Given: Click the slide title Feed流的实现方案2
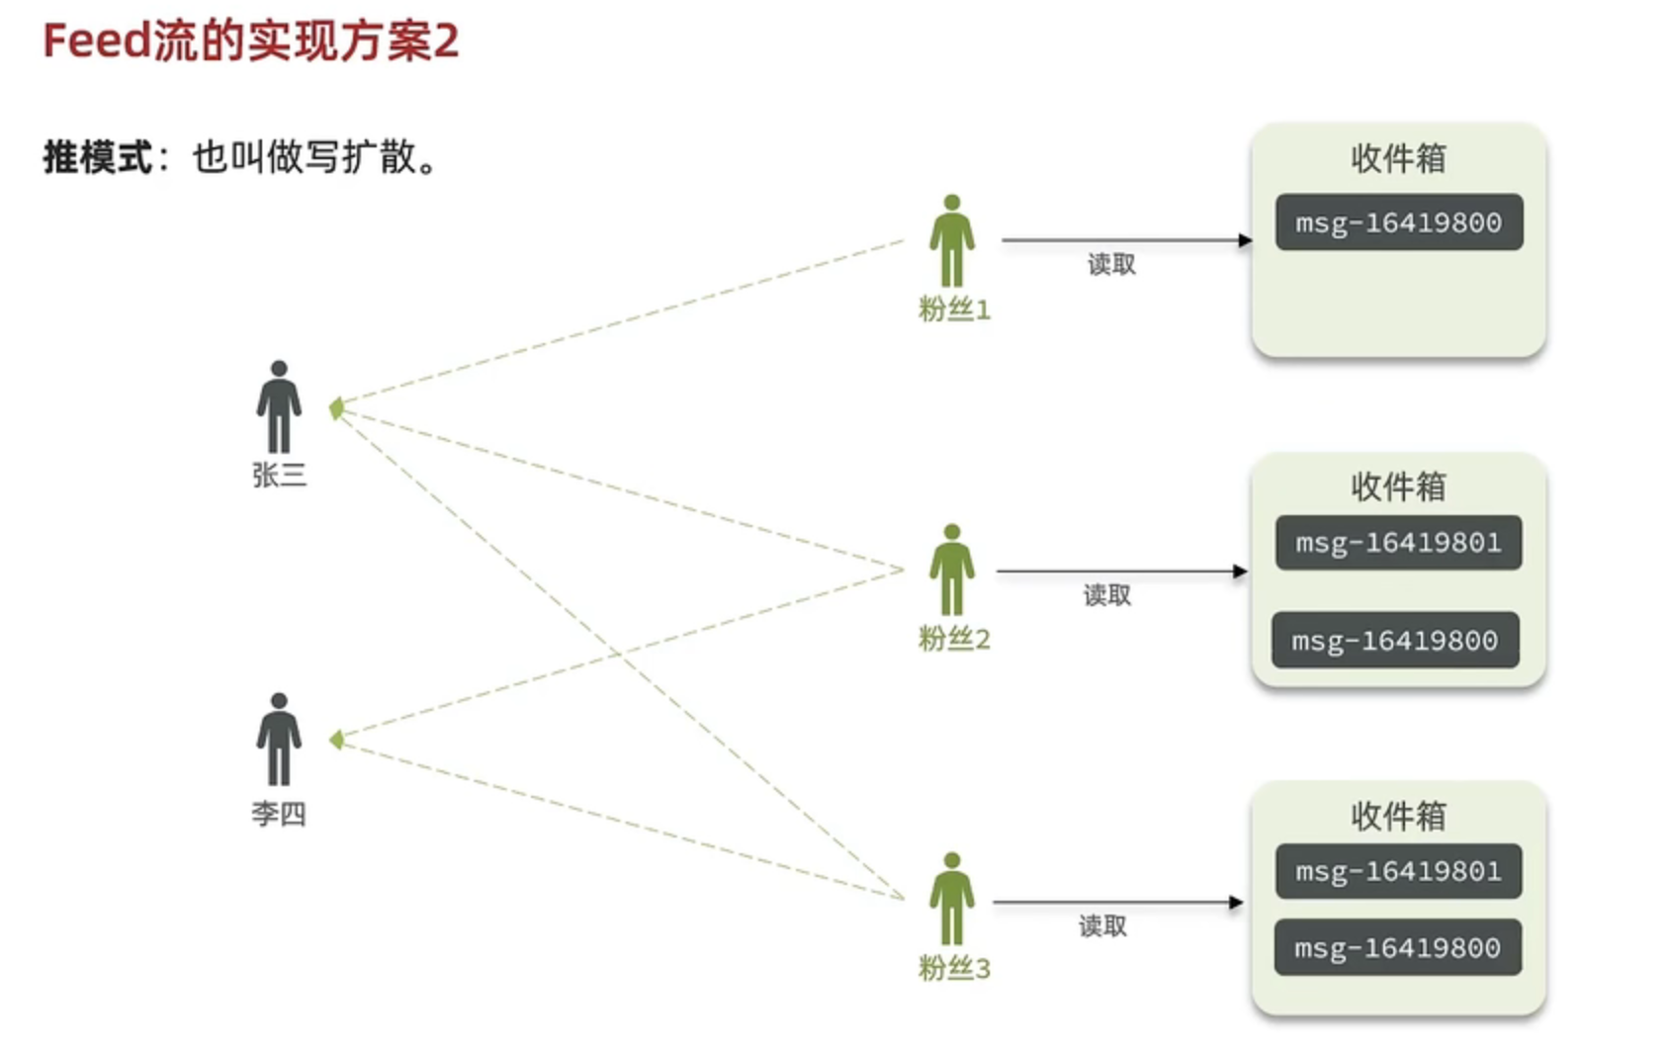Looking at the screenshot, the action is click(250, 41).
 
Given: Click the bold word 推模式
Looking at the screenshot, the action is click(98, 157).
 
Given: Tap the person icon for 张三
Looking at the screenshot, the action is click(279, 407).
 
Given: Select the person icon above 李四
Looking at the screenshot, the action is click(279, 740).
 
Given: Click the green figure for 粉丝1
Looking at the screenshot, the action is click(952, 241).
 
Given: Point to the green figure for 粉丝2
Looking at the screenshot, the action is click(952, 571).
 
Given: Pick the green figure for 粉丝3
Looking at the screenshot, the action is click(952, 899).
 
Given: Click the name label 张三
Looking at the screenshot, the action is click(280, 475).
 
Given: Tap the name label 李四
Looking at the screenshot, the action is click(279, 813).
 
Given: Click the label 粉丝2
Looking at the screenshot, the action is click(954, 639).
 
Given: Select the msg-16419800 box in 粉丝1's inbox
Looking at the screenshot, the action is click(1399, 222).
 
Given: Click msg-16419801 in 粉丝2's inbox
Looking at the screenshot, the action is click(1399, 543).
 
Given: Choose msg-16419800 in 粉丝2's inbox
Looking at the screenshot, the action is click(1396, 640).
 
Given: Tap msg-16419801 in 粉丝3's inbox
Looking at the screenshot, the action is click(1399, 871).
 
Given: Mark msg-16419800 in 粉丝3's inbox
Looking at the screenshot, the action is click(1398, 947).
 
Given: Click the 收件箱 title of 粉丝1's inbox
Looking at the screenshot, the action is click(1399, 158).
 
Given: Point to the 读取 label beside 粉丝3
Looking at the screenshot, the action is click(1102, 926).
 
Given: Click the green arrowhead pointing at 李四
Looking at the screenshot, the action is click(336, 740).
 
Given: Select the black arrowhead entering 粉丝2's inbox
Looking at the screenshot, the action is click(1241, 571).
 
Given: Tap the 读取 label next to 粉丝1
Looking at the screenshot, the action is click(1111, 265).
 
